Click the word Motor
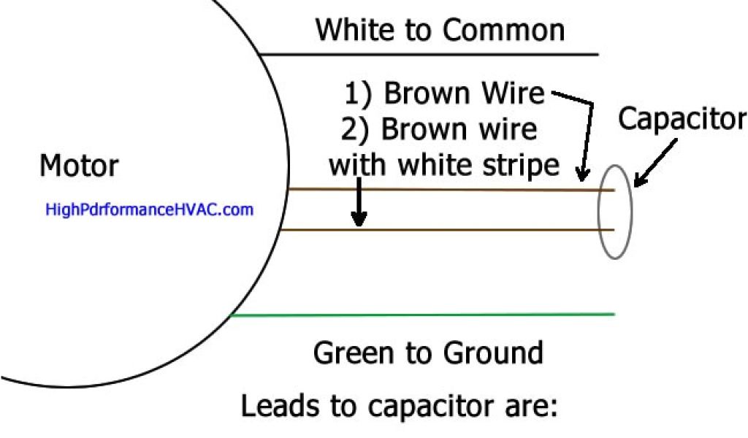[78, 166]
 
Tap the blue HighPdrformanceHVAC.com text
[149, 210]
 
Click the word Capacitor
[682, 119]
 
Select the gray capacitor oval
[615, 212]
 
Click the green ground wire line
[424, 315]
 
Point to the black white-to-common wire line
[431, 55]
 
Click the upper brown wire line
[438, 190]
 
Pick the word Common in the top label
[503, 30]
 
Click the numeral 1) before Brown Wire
[359, 93]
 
